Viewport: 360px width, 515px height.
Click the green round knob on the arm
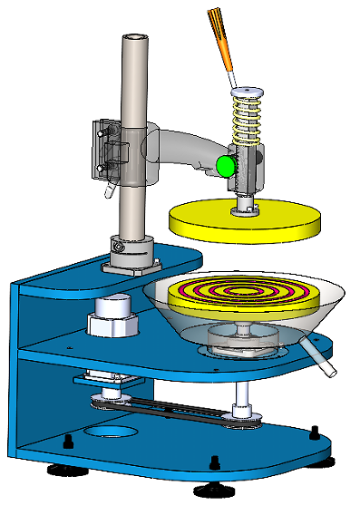click(225, 165)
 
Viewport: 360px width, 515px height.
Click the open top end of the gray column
click(134, 39)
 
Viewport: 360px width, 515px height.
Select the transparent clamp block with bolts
click(107, 147)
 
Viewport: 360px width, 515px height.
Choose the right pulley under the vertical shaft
click(242, 413)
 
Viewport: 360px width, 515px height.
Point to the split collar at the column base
click(118, 245)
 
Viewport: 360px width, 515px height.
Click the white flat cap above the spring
click(245, 91)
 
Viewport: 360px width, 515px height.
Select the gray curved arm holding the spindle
click(186, 150)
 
